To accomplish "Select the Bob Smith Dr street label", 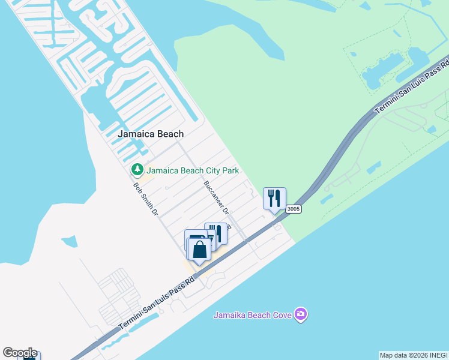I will click(x=145, y=199).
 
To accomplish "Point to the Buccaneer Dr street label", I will click(x=216, y=197).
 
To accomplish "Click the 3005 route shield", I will click(x=293, y=209).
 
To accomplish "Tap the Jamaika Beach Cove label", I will click(x=253, y=314).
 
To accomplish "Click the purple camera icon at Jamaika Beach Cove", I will click(x=301, y=314).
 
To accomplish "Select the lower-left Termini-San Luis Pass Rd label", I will click(x=157, y=304).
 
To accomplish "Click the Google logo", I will click(x=19, y=353).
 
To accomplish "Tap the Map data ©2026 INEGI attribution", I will click(x=413, y=355).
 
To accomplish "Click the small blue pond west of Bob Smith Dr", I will click(x=70, y=241).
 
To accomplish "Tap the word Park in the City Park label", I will click(x=231, y=170).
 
